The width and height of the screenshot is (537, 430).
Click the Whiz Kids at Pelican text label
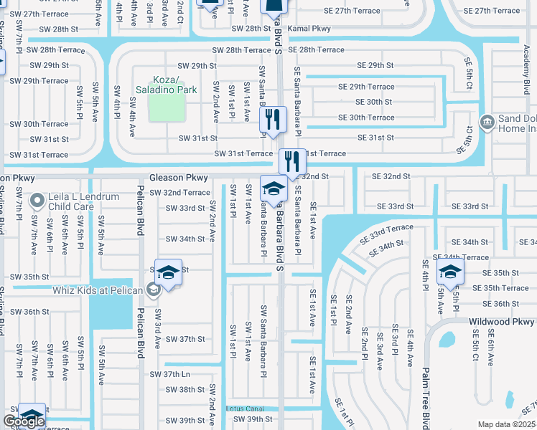click(x=99, y=290)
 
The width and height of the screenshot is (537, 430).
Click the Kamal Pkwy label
click(x=308, y=29)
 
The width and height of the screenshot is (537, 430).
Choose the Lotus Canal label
click(x=245, y=408)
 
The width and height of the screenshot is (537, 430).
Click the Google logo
click(x=24, y=421)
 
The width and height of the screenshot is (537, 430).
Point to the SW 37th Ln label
click(x=169, y=374)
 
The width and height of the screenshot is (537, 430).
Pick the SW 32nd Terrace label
click(x=177, y=193)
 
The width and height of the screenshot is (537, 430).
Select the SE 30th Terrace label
click(x=366, y=118)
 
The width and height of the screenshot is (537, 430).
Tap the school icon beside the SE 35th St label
click(x=450, y=272)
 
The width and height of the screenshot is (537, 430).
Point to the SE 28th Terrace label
click(x=321, y=50)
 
